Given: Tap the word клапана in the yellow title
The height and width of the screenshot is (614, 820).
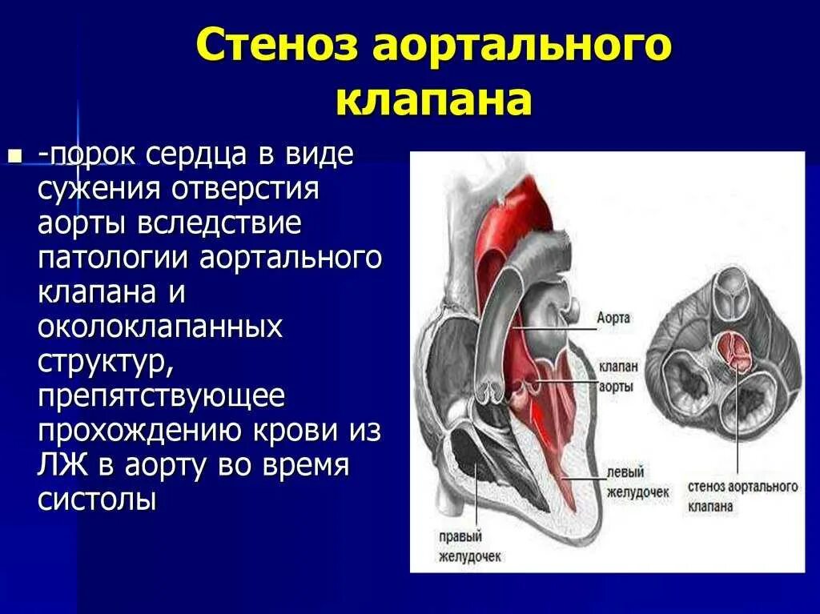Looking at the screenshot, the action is click(433, 101).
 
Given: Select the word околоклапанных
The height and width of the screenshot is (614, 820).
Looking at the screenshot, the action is click(160, 327).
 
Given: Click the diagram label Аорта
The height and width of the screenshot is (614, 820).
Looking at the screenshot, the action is click(613, 318).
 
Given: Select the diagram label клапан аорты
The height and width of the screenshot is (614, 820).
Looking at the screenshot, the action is click(617, 376).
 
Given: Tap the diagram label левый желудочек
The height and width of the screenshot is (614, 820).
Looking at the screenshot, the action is click(636, 482).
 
